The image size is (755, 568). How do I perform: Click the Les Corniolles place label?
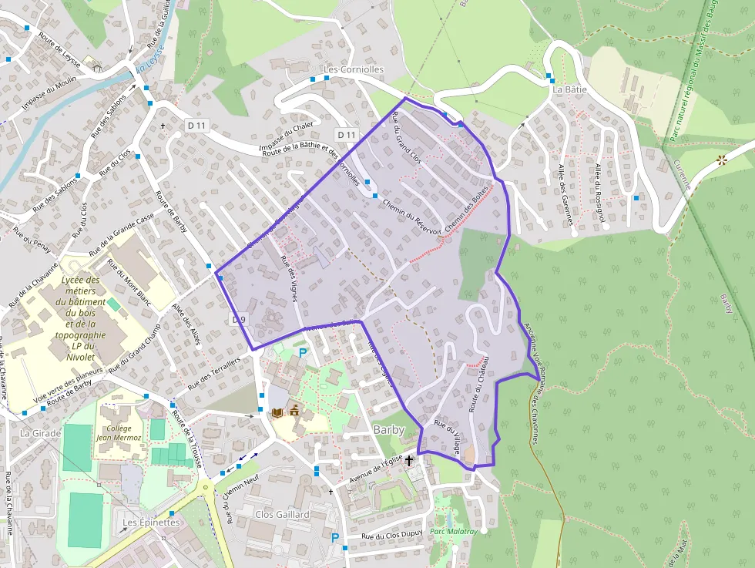(x=353, y=69)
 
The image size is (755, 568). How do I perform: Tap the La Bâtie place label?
(x=569, y=89)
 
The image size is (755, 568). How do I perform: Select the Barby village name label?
(x=389, y=429)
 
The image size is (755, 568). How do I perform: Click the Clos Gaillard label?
(x=282, y=514)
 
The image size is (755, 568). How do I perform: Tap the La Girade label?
(x=35, y=433)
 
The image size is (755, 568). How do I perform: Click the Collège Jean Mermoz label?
(x=119, y=432)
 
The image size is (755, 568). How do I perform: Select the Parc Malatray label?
(x=454, y=531)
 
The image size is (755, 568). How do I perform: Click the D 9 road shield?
(x=238, y=319)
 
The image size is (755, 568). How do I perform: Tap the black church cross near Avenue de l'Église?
(x=409, y=460)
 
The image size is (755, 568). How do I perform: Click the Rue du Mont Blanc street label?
(x=128, y=283)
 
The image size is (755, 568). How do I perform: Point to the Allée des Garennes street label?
(x=566, y=193)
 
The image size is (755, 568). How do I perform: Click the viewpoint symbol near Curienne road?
(x=722, y=160)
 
